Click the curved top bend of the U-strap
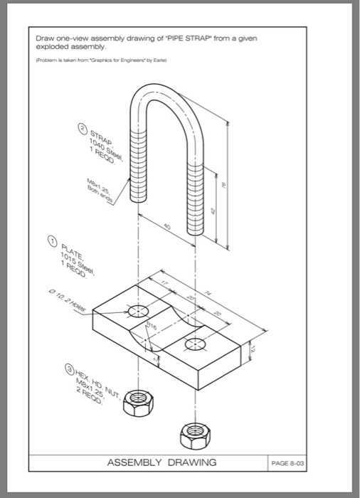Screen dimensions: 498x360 tap(164, 92)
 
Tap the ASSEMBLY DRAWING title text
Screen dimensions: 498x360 tap(162, 462)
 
